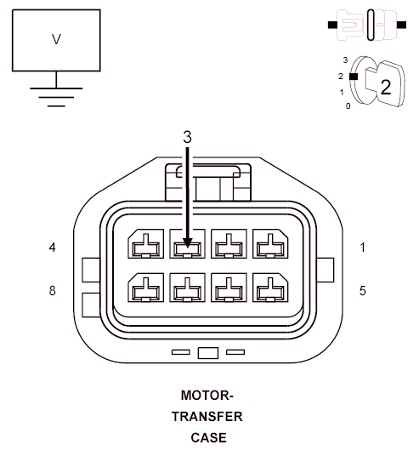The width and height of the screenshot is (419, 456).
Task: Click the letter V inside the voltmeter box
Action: click(56, 39)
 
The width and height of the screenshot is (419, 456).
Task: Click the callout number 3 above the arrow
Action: click(188, 137)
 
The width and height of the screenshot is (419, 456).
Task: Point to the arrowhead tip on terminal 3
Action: click(188, 248)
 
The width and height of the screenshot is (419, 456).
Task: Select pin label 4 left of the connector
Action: click(53, 248)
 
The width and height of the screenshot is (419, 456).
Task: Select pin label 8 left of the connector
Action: click(53, 290)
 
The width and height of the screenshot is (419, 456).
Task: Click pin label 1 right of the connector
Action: click(362, 248)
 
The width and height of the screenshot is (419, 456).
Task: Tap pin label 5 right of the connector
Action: click(362, 290)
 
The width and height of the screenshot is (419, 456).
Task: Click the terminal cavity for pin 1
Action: click(270, 243)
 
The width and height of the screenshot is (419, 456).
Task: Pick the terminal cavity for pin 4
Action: click(146, 243)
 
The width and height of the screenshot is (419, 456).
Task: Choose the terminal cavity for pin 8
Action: click(146, 288)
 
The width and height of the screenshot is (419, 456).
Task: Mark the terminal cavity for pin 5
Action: click(270, 288)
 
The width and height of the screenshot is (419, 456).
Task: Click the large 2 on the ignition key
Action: click(386, 87)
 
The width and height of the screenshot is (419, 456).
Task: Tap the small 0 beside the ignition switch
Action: click(348, 106)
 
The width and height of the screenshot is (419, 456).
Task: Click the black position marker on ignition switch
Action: click(354, 77)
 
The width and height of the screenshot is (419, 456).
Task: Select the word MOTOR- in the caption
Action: click(207, 396)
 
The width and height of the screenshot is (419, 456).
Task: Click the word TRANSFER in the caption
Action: click(207, 417)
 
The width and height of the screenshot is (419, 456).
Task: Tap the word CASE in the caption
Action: click(208, 437)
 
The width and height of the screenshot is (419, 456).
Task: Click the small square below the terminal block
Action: click(208, 353)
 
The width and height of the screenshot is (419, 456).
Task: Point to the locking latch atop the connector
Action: click(208, 182)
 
